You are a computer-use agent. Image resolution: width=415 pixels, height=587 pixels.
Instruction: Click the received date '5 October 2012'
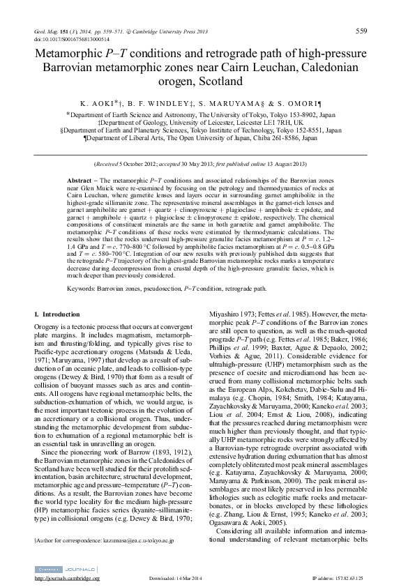tap(145, 164)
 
